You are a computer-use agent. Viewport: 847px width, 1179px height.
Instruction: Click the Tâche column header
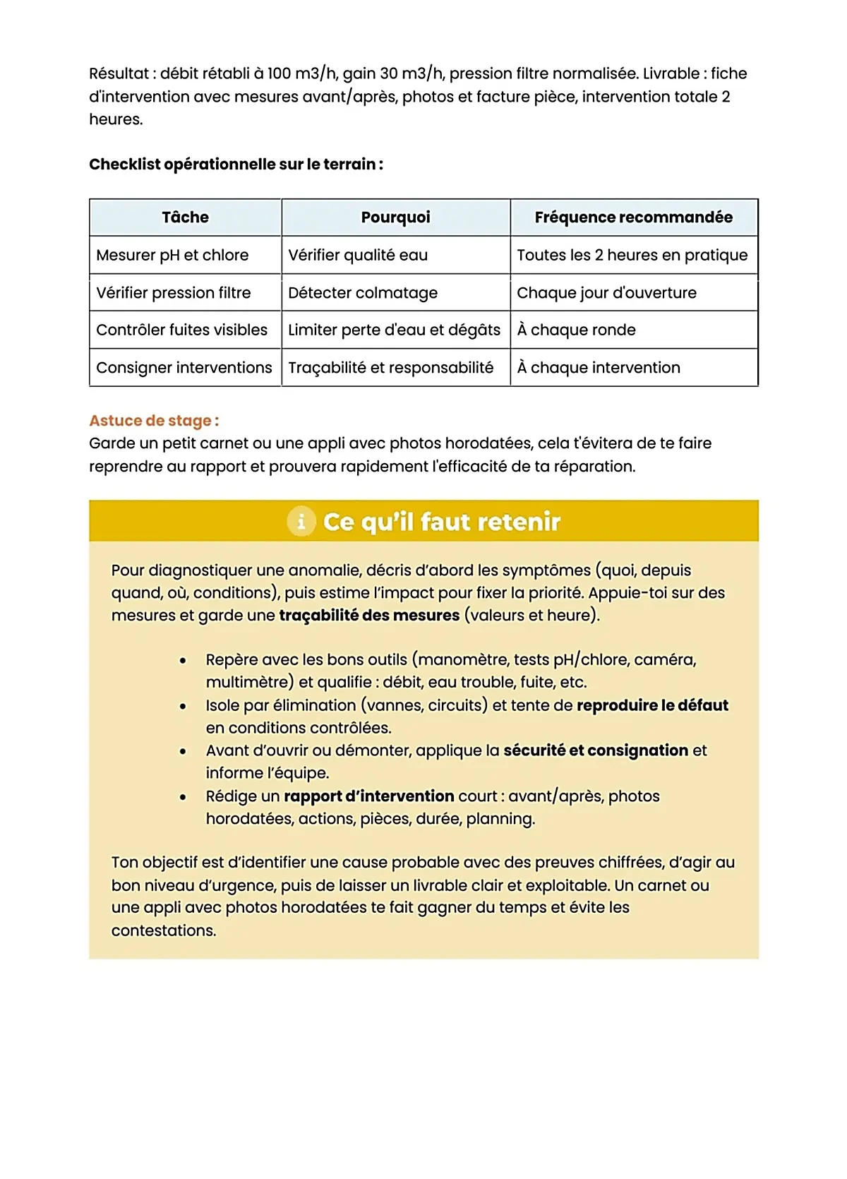point(185,217)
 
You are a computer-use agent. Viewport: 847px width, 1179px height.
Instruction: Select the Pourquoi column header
point(395,217)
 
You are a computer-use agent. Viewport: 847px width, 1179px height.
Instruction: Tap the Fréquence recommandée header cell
point(633,217)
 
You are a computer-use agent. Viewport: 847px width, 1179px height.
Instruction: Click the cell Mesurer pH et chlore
point(172,255)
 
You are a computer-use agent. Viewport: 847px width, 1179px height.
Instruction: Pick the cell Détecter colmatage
point(363,293)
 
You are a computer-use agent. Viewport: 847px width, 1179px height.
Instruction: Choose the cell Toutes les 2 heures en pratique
point(632,255)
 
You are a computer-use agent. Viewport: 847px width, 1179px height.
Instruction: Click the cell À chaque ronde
point(576,330)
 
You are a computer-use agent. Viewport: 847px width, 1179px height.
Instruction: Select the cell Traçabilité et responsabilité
point(390,368)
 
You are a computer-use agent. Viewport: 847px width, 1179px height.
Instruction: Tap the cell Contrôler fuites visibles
point(181,330)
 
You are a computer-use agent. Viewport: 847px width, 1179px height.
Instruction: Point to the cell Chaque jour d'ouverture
point(606,293)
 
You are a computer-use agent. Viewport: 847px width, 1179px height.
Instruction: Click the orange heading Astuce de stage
point(154,421)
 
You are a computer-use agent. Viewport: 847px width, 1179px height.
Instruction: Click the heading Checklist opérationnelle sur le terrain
point(236,164)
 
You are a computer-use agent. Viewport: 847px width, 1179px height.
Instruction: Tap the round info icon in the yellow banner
point(301,522)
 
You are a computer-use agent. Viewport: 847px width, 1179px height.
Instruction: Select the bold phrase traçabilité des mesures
point(369,616)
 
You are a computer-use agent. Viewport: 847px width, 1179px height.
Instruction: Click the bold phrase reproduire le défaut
point(652,705)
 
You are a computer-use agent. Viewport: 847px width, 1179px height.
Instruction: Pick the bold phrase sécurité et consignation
point(595,750)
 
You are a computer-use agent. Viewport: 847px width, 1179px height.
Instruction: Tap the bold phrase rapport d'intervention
point(368,796)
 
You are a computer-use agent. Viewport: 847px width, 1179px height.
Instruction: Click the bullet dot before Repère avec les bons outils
point(183,661)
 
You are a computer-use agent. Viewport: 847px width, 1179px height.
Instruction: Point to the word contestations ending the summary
point(163,930)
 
